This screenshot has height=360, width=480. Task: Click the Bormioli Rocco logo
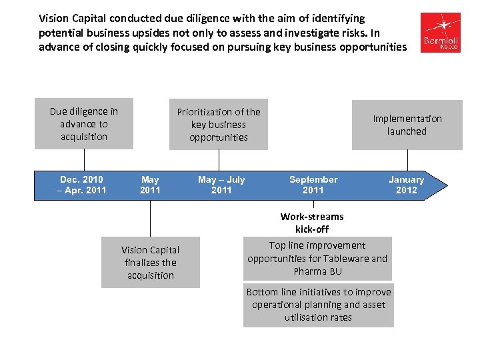(441, 33)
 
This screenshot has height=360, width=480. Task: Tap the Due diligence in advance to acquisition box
(84, 124)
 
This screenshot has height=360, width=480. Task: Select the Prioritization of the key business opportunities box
(219, 125)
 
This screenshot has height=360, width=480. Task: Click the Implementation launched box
(407, 125)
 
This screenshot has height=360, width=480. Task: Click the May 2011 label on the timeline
(150, 185)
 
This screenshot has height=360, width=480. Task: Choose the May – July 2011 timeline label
(221, 185)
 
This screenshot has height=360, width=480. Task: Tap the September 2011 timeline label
(313, 185)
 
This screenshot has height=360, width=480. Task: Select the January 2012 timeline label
(406, 185)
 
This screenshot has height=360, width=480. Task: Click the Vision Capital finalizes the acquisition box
(150, 263)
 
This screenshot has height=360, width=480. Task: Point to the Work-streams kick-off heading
(312, 223)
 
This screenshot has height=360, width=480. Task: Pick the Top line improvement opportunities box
(317, 258)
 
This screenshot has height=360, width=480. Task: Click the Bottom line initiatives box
(319, 305)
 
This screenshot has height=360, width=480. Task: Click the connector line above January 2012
(407, 159)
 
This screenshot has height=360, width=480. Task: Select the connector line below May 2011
(150, 218)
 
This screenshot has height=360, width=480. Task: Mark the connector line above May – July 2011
(219, 159)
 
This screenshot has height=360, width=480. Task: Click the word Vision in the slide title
(54, 19)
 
